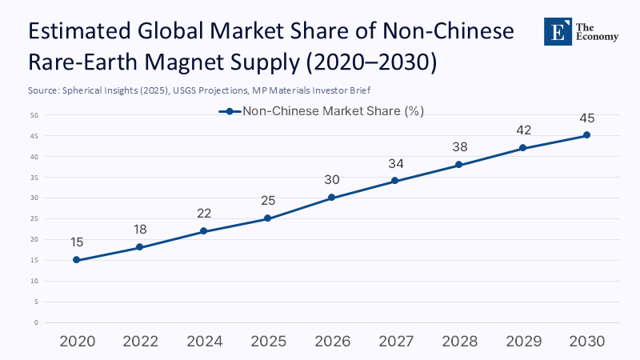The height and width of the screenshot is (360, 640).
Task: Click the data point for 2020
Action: click(76, 260)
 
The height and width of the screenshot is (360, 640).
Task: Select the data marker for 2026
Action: click(331, 198)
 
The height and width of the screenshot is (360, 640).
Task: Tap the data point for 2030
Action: click(586, 135)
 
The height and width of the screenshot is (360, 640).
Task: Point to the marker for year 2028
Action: click(459, 165)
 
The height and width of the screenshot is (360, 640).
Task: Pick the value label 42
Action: click(523, 130)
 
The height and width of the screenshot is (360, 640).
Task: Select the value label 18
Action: click(140, 230)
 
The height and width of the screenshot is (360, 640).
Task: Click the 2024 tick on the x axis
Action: click(204, 342)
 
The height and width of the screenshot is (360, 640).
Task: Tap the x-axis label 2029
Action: click(523, 342)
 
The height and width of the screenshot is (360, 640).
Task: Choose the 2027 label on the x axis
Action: click(395, 342)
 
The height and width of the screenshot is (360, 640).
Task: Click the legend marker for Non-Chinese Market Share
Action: click(229, 112)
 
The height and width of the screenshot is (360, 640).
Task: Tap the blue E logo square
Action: click(558, 30)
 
